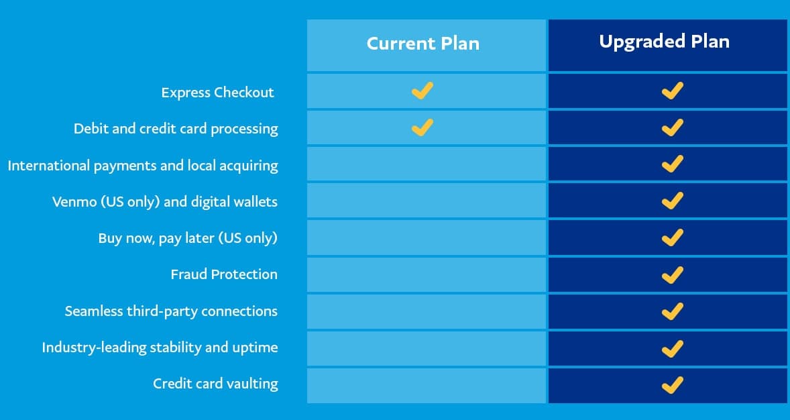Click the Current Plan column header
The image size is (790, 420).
point(423,44)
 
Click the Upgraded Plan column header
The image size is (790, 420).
point(664,42)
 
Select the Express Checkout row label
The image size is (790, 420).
point(217,93)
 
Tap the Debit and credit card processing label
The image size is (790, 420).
point(176,129)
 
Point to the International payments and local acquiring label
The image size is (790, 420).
point(143,165)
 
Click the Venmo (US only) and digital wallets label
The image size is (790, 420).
point(165,201)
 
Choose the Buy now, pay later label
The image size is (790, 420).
point(188,238)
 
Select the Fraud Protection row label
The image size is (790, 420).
point(224,274)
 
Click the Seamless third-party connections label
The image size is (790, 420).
point(171,311)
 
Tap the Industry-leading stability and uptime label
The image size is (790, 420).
point(160,348)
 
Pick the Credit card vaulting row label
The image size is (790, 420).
point(215,384)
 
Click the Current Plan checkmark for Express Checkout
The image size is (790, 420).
point(422,91)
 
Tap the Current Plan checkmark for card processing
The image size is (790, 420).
point(422,127)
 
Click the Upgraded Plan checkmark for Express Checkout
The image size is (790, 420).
point(672,91)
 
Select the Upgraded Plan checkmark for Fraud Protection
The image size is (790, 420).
point(672,274)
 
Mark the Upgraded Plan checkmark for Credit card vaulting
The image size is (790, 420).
point(672,384)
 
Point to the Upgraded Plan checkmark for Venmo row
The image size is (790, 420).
point(672,200)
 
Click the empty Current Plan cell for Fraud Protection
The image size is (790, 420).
point(427,274)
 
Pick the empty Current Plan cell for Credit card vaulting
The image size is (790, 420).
point(427,385)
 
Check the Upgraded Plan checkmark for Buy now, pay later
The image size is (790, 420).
point(672,237)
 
